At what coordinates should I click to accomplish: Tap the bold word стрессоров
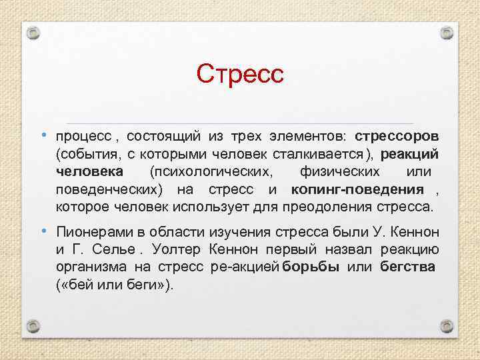(396, 136)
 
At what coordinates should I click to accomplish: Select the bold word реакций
(414, 154)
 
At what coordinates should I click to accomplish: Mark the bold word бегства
(408, 267)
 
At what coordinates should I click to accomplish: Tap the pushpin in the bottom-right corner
(447, 327)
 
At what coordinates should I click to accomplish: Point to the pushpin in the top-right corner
(447, 32)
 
